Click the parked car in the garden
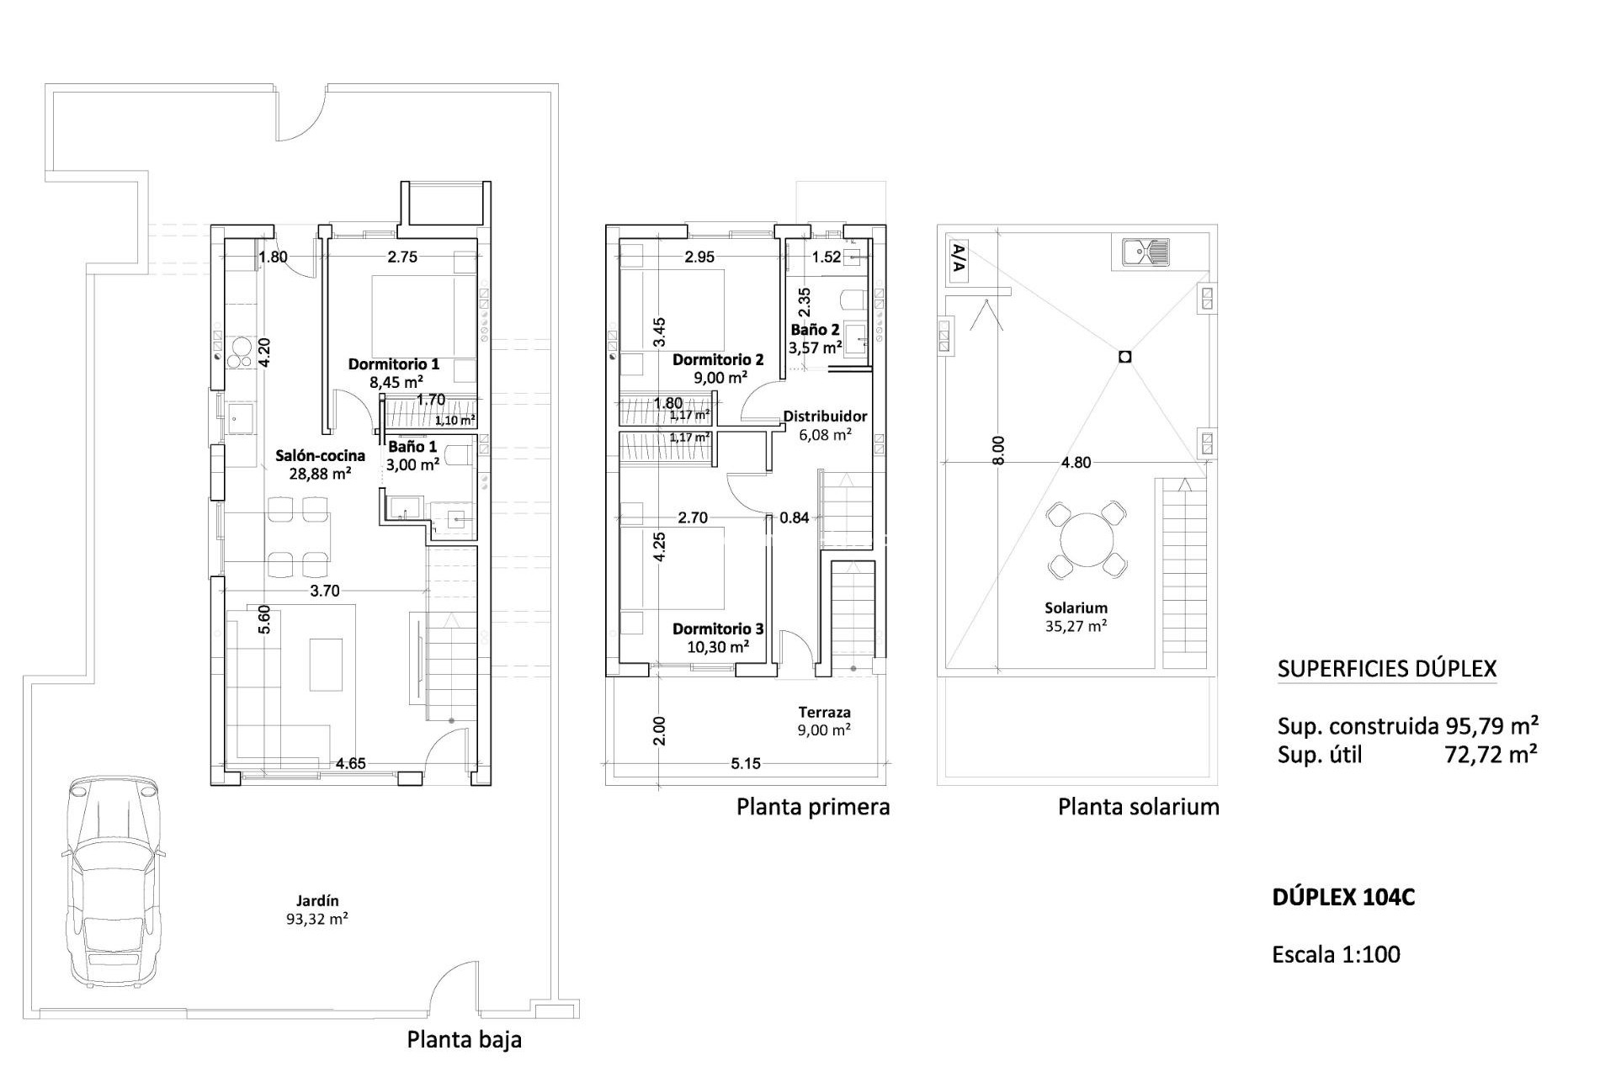point(111,879)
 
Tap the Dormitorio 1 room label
point(394,364)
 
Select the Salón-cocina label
point(320,456)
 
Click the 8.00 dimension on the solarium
point(997,450)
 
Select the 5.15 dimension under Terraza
point(746,764)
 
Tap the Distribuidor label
point(825,416)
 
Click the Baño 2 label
point(815,330)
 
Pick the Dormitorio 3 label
point(718,629)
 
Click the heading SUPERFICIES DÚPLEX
point(1387,670)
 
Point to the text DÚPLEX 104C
point(1343,898)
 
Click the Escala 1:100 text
point(1336,954)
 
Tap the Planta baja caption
point(464,1039)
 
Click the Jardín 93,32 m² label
point(317,910)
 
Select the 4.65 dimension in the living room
point(350,764)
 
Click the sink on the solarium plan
point(1146,251)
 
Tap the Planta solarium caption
point(1138,807)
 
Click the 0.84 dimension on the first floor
point(794,518)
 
